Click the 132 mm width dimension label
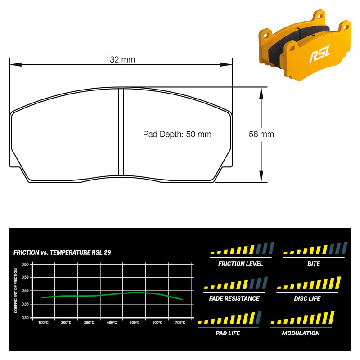[x=120, y=60]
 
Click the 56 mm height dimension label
[x=261, y=134]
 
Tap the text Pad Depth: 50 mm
[x=177, y=134]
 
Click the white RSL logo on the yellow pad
[x=319, y=54]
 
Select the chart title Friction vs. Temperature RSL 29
[x=62, y=252]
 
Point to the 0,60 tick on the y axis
[x=25, y=264]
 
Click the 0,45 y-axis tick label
[x=25, y=290]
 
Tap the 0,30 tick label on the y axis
[x=25, y=318]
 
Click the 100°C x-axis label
[x=43, y=323]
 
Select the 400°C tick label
[x=112, y=323]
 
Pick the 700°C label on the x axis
[x=180, y=323]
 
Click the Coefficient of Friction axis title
[x=16, y=290]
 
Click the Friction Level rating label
[x=240, y=264]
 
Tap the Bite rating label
[x=314, y=264]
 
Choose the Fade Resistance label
[x=234, y=298]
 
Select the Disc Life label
[x=307, y=298]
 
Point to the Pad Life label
[x=228, y=333]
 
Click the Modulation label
[x=301, y=333]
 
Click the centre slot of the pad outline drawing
[x=121, y=132]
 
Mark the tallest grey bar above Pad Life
[x=258, y=317]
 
